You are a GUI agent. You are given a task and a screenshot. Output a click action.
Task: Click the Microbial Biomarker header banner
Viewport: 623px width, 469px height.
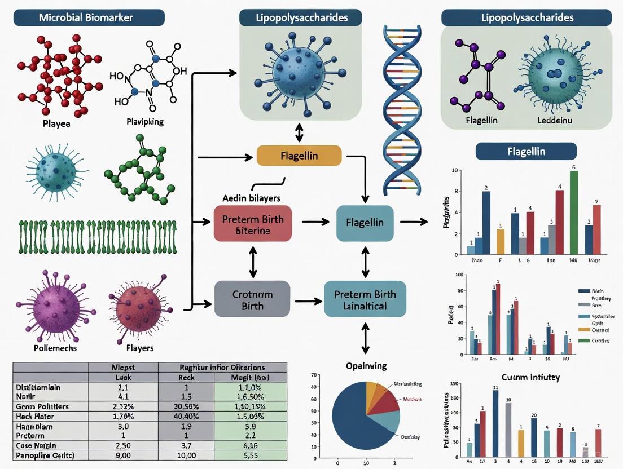click(86, 17)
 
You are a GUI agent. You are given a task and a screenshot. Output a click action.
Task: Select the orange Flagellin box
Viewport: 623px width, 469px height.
click(299, 155)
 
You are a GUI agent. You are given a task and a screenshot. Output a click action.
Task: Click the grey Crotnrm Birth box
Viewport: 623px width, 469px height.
click(252, 299)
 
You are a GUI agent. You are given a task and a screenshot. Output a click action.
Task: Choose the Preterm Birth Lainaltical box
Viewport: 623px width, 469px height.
click(365, 299)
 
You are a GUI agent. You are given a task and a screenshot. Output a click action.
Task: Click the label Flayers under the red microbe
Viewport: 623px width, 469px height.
click(140, 348)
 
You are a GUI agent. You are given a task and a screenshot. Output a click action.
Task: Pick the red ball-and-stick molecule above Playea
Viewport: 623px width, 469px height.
click(59, 73)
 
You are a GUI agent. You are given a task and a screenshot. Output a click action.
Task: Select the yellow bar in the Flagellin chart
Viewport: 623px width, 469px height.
click(500, 241)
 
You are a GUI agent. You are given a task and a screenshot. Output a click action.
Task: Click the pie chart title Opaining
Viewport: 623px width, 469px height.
click(366, 366)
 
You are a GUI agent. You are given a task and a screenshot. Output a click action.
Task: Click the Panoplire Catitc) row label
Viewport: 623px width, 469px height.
click(45, 455)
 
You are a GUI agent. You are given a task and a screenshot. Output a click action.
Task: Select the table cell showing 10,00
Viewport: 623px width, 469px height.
click(186, 455)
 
